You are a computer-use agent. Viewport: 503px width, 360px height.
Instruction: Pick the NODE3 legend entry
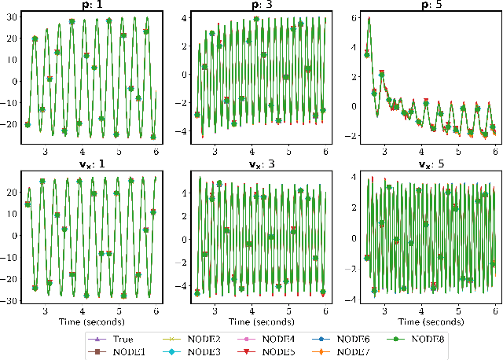[x=215, y=350]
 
